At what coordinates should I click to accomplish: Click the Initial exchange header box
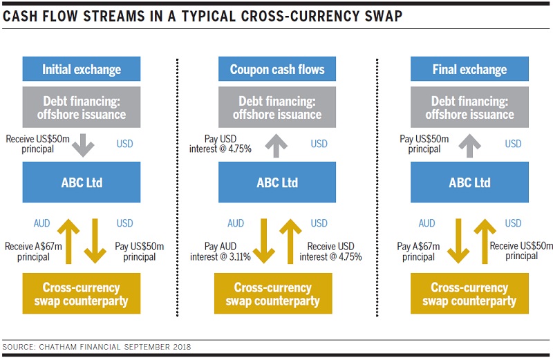click(x=82, y=69)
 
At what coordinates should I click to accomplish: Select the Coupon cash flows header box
click(x=277, y=69)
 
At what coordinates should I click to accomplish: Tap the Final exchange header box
click(x=469, y=69)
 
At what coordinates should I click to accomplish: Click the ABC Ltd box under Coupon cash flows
click(x=277, y=182)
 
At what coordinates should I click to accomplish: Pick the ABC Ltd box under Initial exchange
click(x=82, y=182)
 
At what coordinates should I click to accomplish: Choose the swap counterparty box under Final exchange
click(x=469, y=294)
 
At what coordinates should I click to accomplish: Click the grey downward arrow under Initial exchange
click(x=83, y=145)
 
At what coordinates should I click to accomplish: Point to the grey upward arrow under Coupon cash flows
click(x=276, y=146)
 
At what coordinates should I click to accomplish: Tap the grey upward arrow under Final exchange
click(x=470, y=146)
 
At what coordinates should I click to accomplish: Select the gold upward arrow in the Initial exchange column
click(x=68, y=241)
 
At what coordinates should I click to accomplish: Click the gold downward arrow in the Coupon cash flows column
click(x=263, y=241)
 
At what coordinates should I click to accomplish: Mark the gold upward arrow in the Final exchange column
click(x=485, y=241)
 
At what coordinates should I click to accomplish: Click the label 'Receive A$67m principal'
click(x=33, y=252)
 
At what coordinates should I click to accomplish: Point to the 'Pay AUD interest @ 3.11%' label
click(x=221, y=252)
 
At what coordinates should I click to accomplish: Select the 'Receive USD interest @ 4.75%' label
click(x=331, y=252)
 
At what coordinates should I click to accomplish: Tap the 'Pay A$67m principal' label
click(x=418, y=252)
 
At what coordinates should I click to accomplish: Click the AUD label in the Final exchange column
click(x=427, y=223)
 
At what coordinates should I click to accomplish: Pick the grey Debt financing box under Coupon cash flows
click(x=277, y=107)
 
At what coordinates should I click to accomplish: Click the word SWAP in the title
click(x=384, y=16)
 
